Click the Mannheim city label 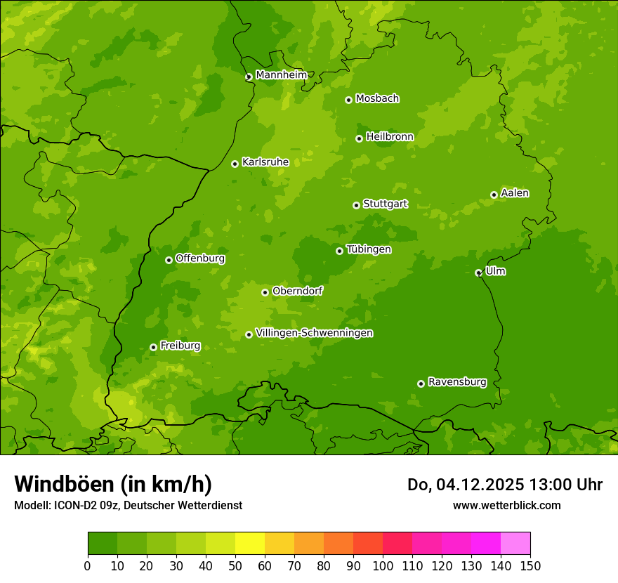click(x=281, y=75)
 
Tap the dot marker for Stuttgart click(x=356, y=205)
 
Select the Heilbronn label click(x=390, y=137)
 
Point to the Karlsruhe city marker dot click(x=235, y=164)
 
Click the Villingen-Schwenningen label click(x=314, y=333)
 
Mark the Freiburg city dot click(x=153, y=347)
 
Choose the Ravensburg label click(x=457, y=382)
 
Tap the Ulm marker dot click(x=478, y=273)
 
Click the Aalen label click(x=515, y=193)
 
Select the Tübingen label click(x=369, y=249)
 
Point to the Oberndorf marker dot click(x=265, y=292)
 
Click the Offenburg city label click(x=200, y=258)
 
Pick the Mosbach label click(x=377, y=99)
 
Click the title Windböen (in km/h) click(x=113, y=484)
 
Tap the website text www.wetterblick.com click(x=506, y=505)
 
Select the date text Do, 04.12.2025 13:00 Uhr click(x=504, y=485)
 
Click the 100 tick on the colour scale click(x=383, y=565)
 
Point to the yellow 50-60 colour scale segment click(x=250, y=543)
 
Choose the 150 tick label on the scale click(x=530, y=565)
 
